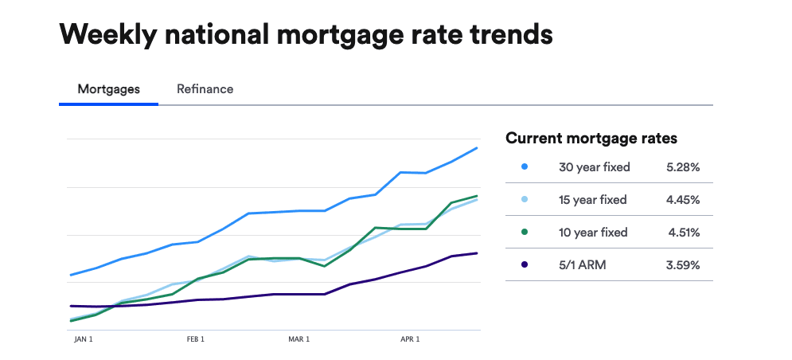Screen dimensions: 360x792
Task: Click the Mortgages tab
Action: [108, 89]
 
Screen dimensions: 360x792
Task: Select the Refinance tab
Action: [205, 89]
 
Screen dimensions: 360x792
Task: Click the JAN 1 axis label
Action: [84, 339]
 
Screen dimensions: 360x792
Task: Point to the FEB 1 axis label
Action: [196, 339]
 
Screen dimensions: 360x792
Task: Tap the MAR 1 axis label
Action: [299, 339]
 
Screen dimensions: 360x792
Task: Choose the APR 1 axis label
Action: [410, 339]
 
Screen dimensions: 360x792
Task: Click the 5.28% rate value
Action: [683, 167]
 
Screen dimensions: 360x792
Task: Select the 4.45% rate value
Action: [683, 200]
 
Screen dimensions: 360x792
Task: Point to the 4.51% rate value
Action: [685, 233]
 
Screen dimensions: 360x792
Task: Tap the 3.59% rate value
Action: [683, 264]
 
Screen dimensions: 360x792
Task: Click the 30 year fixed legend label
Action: [595, 167]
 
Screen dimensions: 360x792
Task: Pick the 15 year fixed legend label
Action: [593, 200]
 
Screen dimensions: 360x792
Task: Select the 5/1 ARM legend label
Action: [583, 264]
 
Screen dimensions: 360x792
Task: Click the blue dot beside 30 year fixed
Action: [524, 167]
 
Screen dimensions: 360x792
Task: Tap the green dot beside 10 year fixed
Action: [524, 233]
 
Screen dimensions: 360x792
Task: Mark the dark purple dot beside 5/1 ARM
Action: [524, 264]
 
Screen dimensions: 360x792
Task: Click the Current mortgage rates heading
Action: [591, 139]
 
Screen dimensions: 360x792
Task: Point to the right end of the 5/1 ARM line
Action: [477, 253]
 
